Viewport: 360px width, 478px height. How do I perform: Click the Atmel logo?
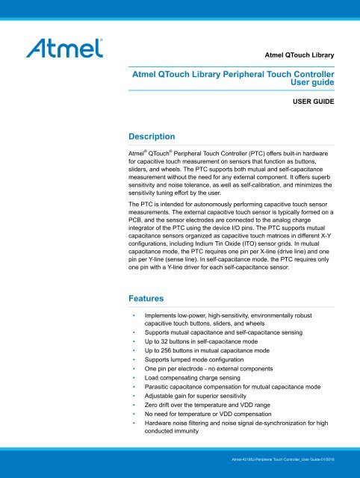click(x=66, y=50)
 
